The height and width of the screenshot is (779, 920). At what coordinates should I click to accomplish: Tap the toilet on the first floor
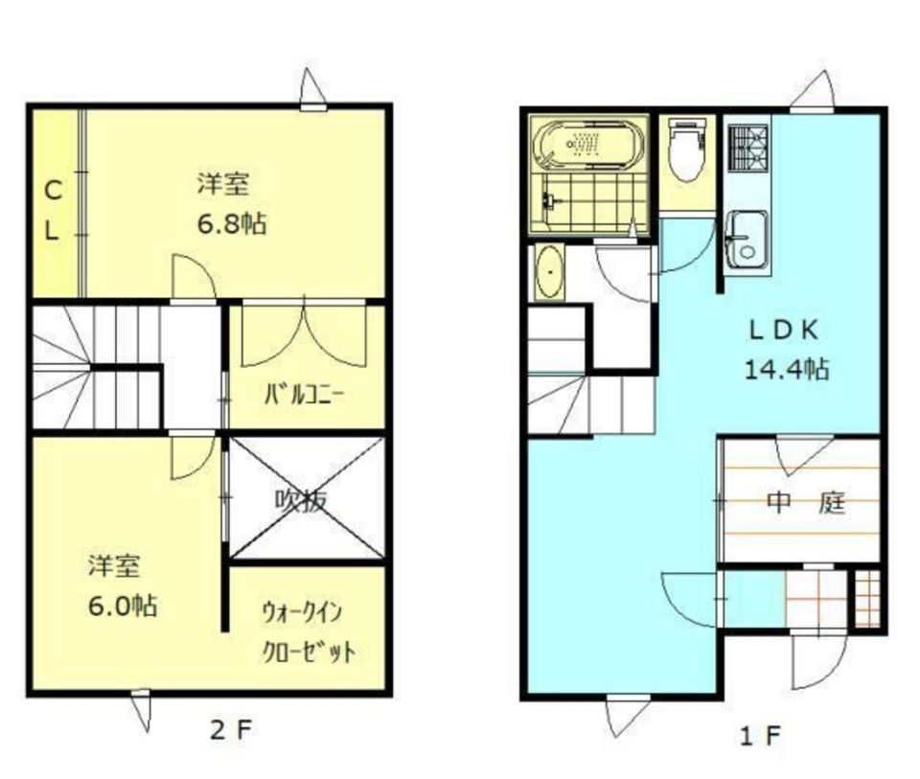(x=686, y=152)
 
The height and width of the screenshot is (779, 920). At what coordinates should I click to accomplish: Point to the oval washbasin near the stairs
(x=550, y=272)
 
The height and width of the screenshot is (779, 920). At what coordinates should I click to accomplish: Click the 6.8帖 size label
(x=231, y=224)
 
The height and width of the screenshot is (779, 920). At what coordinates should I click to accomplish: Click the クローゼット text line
(x=309, y=653)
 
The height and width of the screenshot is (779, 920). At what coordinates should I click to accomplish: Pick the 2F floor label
(x=230, y=731)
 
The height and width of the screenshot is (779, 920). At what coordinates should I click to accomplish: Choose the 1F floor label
(x=760, y=736)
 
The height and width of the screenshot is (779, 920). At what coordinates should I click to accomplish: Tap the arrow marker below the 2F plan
(x=142, y=710)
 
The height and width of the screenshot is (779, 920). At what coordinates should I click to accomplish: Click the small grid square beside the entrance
(x=865, y=599)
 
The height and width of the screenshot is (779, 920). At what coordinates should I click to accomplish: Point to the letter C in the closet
(x=54, y=191)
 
